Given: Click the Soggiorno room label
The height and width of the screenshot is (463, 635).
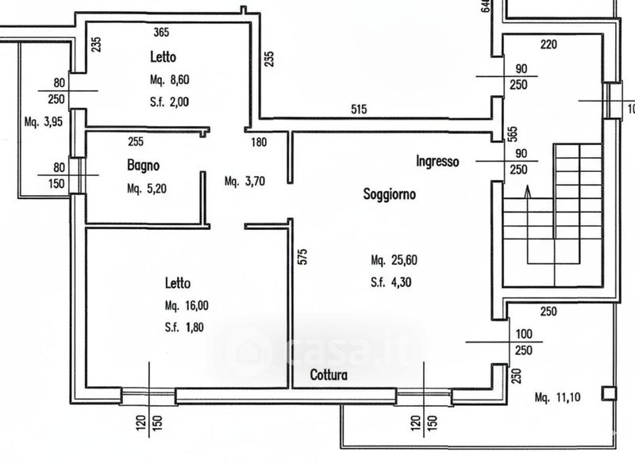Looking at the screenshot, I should coord(391,193).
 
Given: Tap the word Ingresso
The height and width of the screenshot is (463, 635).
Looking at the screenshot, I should coord(437,162).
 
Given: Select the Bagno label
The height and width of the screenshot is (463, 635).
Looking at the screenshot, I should coord(143,166).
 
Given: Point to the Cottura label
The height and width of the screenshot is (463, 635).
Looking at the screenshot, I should coord(329,375).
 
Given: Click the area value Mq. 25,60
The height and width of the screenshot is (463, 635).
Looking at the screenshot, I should coord(392,260).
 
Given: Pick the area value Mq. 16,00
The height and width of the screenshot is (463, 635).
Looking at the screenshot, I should coord(187,305).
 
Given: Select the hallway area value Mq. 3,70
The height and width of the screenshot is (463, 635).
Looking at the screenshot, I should coord(244,181).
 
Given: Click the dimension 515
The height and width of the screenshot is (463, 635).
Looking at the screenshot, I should coord(358,110).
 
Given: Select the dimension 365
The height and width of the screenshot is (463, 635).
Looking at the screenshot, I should coord(162,33).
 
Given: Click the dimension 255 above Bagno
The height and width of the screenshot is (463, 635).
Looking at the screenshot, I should coord(137,143).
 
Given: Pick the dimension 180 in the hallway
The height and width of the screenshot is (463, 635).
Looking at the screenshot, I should coord(259,143).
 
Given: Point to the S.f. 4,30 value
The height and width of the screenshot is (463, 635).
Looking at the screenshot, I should coord(391,281).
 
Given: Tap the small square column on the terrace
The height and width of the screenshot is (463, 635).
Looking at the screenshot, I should coord(609,392).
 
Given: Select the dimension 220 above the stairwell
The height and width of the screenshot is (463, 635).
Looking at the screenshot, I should coord(548,44).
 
